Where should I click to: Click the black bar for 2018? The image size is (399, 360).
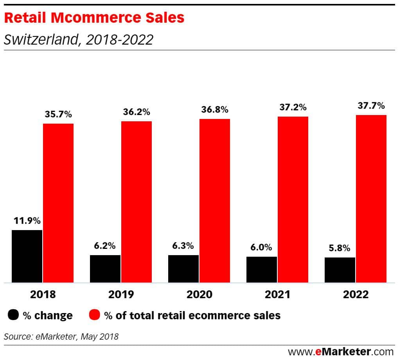pyautogui.click(x=27, y=256)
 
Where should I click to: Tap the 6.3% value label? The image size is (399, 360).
pyautogui.click(x=183, y=246)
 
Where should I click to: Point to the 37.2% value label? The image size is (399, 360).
pyautogui.click(x=293, y=107)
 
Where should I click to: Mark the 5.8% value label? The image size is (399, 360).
pyautogui.click(x=339, y=248)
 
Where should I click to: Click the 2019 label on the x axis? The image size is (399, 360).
pyautogui.click(x=121, y=294)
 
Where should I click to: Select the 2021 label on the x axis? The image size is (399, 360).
pyautogui.click(x=277, y=294)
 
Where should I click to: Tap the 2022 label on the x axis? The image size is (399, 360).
pyautogui.click(x=356, y=294)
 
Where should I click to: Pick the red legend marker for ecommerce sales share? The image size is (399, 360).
pyautogui.click(x=95, y=315)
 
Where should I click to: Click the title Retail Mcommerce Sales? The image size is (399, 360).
pyautogui.click(x=94, y=18)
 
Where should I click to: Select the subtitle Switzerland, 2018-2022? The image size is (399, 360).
pyautogui.click(x=78, y=40)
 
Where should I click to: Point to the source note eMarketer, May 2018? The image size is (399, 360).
pyautogui.click(x=61, y=336)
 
